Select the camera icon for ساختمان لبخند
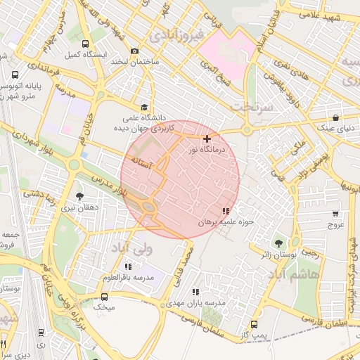coord(134,51)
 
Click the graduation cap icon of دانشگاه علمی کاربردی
coord(144,107)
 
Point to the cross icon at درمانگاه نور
coord(207,139)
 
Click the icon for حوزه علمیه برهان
coord(225,211)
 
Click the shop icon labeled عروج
coord(335,214)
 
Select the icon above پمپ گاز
coord(255,324)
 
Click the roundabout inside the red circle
coord(149,206)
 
